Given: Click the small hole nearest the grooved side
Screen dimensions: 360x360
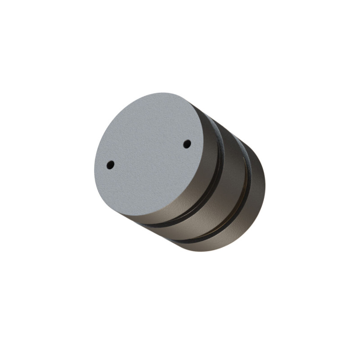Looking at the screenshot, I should (x=187, y=144).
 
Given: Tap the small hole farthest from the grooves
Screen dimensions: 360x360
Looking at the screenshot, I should (x=110, y=165).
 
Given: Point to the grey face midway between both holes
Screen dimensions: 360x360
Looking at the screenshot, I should (x=149, y=154).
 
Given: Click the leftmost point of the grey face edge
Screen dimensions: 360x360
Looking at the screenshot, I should (x=94, y=171).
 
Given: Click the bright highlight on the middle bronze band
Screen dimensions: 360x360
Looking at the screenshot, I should (x=220, y=211).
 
